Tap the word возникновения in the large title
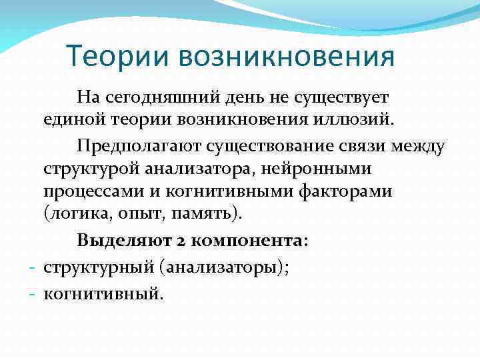coord(286,56)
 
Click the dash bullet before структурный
coord(33,267)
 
